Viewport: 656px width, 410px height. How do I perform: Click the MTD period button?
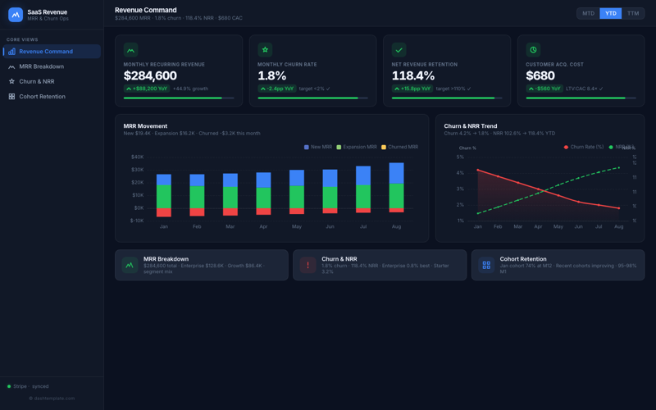pos(588,13)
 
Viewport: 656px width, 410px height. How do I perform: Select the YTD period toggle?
pos(611,13)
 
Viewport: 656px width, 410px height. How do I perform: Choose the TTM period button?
pos(633,13)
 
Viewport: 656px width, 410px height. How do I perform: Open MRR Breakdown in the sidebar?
pos(41,66)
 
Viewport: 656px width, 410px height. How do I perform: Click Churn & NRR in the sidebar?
pos(37,81)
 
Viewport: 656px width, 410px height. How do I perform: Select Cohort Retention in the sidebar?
pos(42,97)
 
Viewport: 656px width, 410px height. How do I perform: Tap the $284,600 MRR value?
pos(150,76)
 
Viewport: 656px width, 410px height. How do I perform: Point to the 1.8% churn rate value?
pos(272,76)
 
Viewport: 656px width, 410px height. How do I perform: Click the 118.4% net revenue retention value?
pos(413,76)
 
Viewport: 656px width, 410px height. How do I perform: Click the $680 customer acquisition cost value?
pos(540,76)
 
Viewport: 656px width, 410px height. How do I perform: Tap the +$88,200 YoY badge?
pos(146,89)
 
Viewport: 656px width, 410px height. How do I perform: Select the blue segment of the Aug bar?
pos(396,173)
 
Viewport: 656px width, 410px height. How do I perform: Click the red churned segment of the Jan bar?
pos(164,212)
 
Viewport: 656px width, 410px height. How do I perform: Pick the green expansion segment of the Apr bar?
pos(263,198)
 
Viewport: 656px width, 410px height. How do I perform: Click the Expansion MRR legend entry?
pos(357,147)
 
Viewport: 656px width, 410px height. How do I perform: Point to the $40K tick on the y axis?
pos(137,157)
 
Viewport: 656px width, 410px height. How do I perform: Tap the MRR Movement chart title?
pos(145,126)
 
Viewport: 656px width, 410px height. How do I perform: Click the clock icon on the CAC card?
pos(533,50)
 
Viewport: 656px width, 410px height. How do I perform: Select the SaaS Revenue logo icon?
pos(16,15)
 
